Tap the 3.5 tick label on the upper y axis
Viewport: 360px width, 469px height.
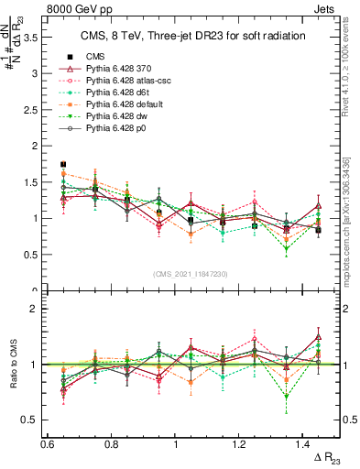pyautogui.click(x=29, y=38)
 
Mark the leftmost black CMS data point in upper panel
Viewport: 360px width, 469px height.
pyautogui.click(x=63, y=165)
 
